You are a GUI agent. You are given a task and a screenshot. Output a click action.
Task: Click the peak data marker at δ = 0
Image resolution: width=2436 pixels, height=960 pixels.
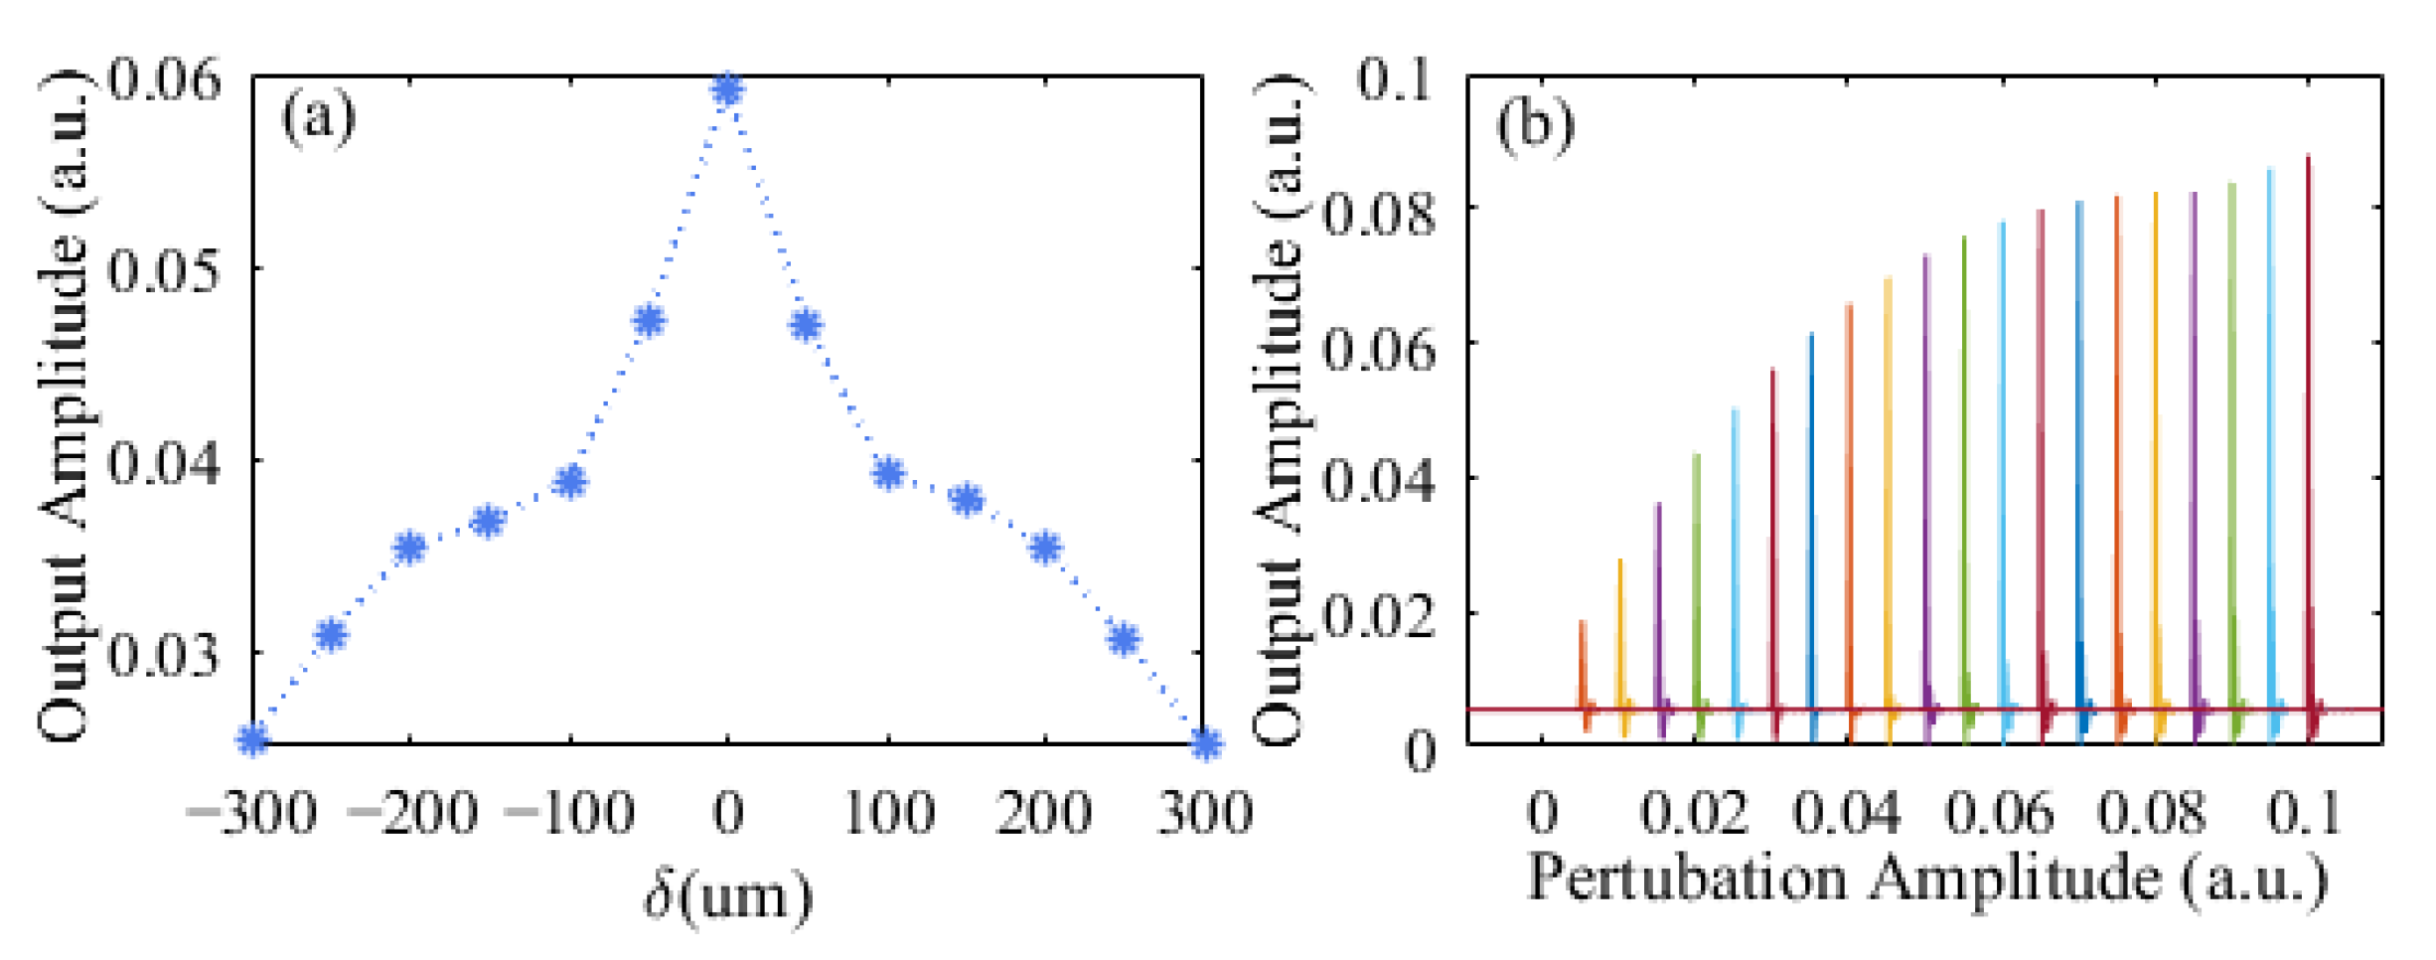coord(728,90)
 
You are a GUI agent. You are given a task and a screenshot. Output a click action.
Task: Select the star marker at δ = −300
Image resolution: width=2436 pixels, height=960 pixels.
coord(253,738)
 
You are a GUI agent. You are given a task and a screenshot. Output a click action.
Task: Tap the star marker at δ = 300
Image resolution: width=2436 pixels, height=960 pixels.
coord(1205,742)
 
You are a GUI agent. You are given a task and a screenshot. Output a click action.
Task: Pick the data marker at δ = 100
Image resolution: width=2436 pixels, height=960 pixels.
coord(888,473)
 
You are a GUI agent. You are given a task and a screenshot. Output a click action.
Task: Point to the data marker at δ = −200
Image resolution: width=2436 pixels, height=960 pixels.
coord(409,547)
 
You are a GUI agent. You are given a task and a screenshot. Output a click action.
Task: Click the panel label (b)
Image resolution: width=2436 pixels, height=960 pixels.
coord(1535,125)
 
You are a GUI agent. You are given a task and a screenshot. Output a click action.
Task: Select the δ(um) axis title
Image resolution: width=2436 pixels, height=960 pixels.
coord(728,894)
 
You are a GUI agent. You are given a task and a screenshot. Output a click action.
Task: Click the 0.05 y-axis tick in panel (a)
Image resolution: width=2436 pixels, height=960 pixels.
coord(164,270)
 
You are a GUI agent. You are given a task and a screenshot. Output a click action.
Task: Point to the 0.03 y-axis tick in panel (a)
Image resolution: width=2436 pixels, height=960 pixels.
coord(164,655)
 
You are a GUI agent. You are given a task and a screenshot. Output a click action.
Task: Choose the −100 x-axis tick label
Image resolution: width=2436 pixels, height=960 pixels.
coord(569,813)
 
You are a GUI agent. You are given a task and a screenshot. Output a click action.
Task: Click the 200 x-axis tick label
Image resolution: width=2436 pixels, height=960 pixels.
coord(1044,813)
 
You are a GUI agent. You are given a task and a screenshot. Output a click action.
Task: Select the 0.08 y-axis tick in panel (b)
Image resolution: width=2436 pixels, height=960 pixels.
coord(1381,213)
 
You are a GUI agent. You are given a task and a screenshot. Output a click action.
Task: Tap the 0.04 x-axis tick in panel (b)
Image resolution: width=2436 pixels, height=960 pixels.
coord(1846,813)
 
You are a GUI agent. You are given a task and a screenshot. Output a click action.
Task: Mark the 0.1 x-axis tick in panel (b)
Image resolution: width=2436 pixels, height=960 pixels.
coord(2305,813)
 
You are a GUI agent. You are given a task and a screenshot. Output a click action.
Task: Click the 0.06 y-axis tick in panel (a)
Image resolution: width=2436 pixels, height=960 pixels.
coord(164,80)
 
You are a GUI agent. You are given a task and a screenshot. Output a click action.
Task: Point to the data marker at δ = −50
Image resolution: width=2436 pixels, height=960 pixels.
coord(649,321)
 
